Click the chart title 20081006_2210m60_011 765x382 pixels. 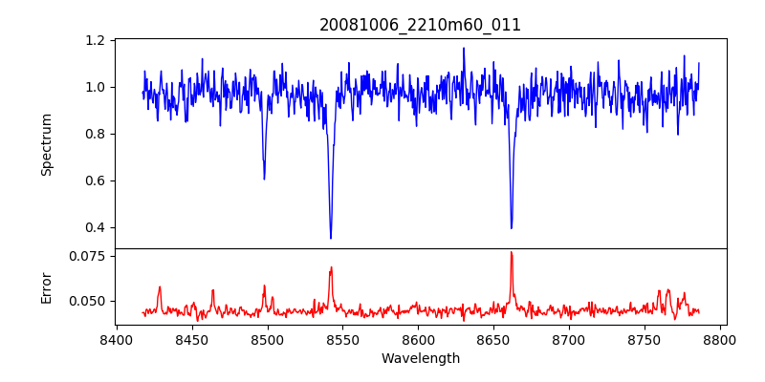pyautogui.click(x=420, y=25)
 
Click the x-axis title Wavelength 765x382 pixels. pyautogui.click(x=420, y=358)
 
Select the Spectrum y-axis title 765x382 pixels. pyautogui.click(x=46, y=144)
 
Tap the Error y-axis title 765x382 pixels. pyautogui.click(x=46, y=286)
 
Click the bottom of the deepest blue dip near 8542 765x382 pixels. pyautogui.click(x=331, y=238)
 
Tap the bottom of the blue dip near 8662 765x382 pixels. pyautogui.click(x=512, y=227)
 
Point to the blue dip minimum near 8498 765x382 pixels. pyautogui.click(x=264, y=179)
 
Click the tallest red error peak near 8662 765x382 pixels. pyautogui.click(x=512, y=252)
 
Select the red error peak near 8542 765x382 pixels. pyautogui.click(x=331, y=267)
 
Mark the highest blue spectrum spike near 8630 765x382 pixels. pyautogui.click(x=464, y=49)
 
